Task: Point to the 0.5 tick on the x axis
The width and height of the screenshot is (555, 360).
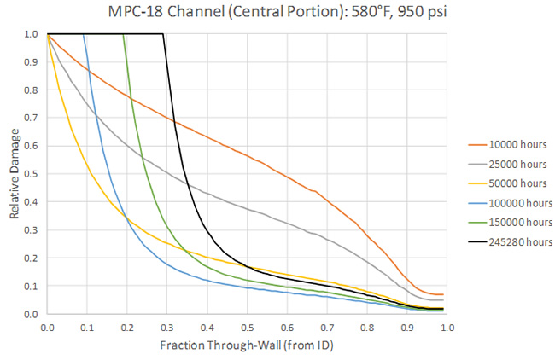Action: pos(247,327)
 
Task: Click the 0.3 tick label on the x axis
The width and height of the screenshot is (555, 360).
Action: pos(166,327)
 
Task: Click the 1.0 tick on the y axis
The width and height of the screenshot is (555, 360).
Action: pos(32,34)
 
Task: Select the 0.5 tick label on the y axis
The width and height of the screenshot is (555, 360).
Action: pos(32,174)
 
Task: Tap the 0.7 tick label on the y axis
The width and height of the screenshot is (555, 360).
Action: pos(32,118)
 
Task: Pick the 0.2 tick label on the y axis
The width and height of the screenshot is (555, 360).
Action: pos(32,258)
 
